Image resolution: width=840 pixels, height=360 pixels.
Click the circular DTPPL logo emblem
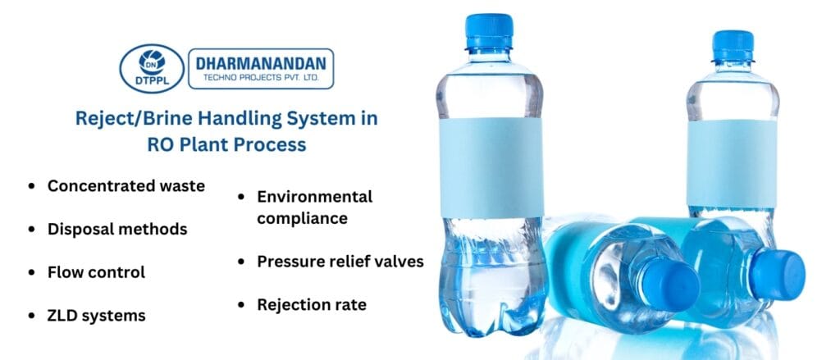coord(151,68)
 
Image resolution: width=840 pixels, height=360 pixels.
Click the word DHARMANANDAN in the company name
coord(261,62)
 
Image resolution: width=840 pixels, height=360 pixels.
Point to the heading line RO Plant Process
coord(226,145)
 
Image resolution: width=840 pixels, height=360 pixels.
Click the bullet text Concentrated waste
coord(126,186)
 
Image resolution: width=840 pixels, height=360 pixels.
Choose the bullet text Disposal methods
coord(117,229)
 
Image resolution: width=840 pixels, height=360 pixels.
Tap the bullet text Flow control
coord(96,271)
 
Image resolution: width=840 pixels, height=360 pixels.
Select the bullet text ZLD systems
coord(97,315)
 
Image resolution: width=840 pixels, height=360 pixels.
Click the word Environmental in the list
coord(315,197)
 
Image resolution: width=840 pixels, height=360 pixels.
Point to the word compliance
coord(302,218)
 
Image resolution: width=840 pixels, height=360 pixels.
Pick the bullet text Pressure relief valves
coord(340,262)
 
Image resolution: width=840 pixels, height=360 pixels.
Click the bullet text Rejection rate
coord(312,305)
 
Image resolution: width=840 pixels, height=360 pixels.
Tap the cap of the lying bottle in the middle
coord(669,287)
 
